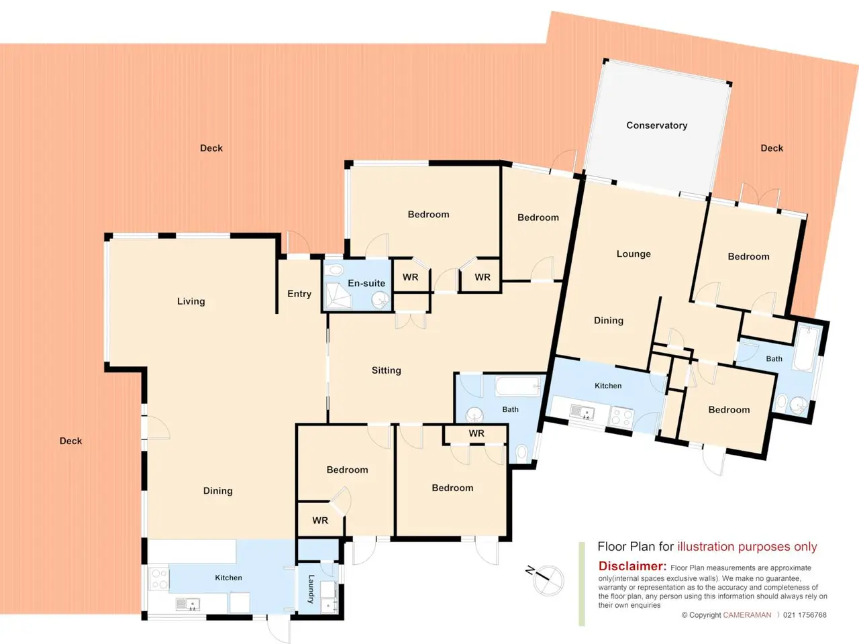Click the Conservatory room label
click(x=657, y=125)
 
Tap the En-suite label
click(x=366, y=283)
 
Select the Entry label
click(x=299, y=294)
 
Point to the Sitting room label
click(x=387, y=370)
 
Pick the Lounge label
click(x=634, y=254)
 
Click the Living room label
click(x=191, y=301)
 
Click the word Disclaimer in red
click(x=632, y=566)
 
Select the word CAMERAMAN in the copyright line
click(x=747, y=615)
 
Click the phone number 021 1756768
click(x=805, y=615)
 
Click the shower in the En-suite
click(x=338, y=296)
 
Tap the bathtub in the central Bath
click(x=518, y=386)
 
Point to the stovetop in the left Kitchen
click(x=159, y=579)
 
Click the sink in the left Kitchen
click(x=188, y=604)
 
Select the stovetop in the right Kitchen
click(x=621, y=417)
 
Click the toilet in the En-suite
click(x=336, y=270)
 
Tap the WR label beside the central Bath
click(x=476, y=433)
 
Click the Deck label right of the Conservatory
click(x=772, y=148)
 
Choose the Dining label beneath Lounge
click(x=609, y=321)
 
